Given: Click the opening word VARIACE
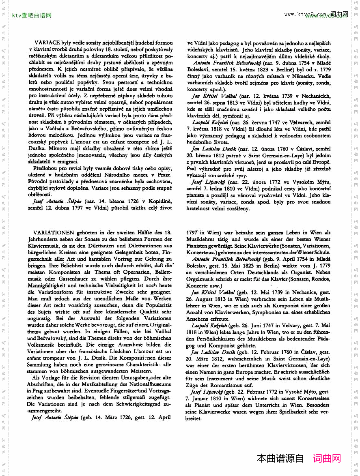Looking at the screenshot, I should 48,43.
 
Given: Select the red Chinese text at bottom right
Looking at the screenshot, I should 327,459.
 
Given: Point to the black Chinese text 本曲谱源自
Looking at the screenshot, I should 280,459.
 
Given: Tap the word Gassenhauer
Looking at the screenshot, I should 71,279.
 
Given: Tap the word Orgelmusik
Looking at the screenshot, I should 200,279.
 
